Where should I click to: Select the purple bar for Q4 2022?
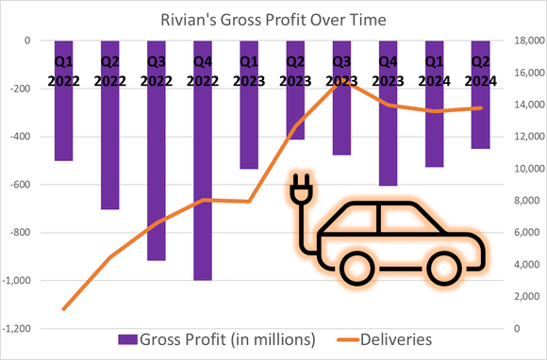coord(203,188)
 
